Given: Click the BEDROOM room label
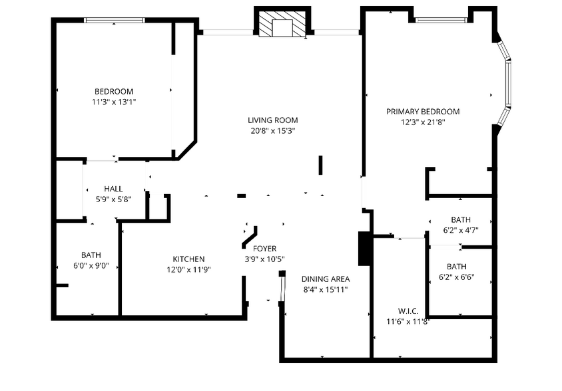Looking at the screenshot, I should tap(113, 92).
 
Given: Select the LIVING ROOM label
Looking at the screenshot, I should tap(272, 120).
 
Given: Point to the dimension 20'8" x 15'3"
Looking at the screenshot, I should tap(272, 131).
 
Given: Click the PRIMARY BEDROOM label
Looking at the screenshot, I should tap(423, 112).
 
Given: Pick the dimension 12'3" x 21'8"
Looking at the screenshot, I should tap(423, 122).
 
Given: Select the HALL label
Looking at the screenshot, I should tap(113, 189).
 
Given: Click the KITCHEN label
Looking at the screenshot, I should tap(188, 259).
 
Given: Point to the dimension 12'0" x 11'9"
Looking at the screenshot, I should tap(188, 270).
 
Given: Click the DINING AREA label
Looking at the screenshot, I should tap(325, 279).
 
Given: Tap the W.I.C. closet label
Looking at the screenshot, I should tap(408, 311).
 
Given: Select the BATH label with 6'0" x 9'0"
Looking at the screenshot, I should tap(91, 255).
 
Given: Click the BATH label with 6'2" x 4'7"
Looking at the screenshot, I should tap(460, 220).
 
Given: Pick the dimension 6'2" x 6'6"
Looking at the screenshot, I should tap(456, 277).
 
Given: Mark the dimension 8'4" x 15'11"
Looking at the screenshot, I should tap(325, 290).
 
